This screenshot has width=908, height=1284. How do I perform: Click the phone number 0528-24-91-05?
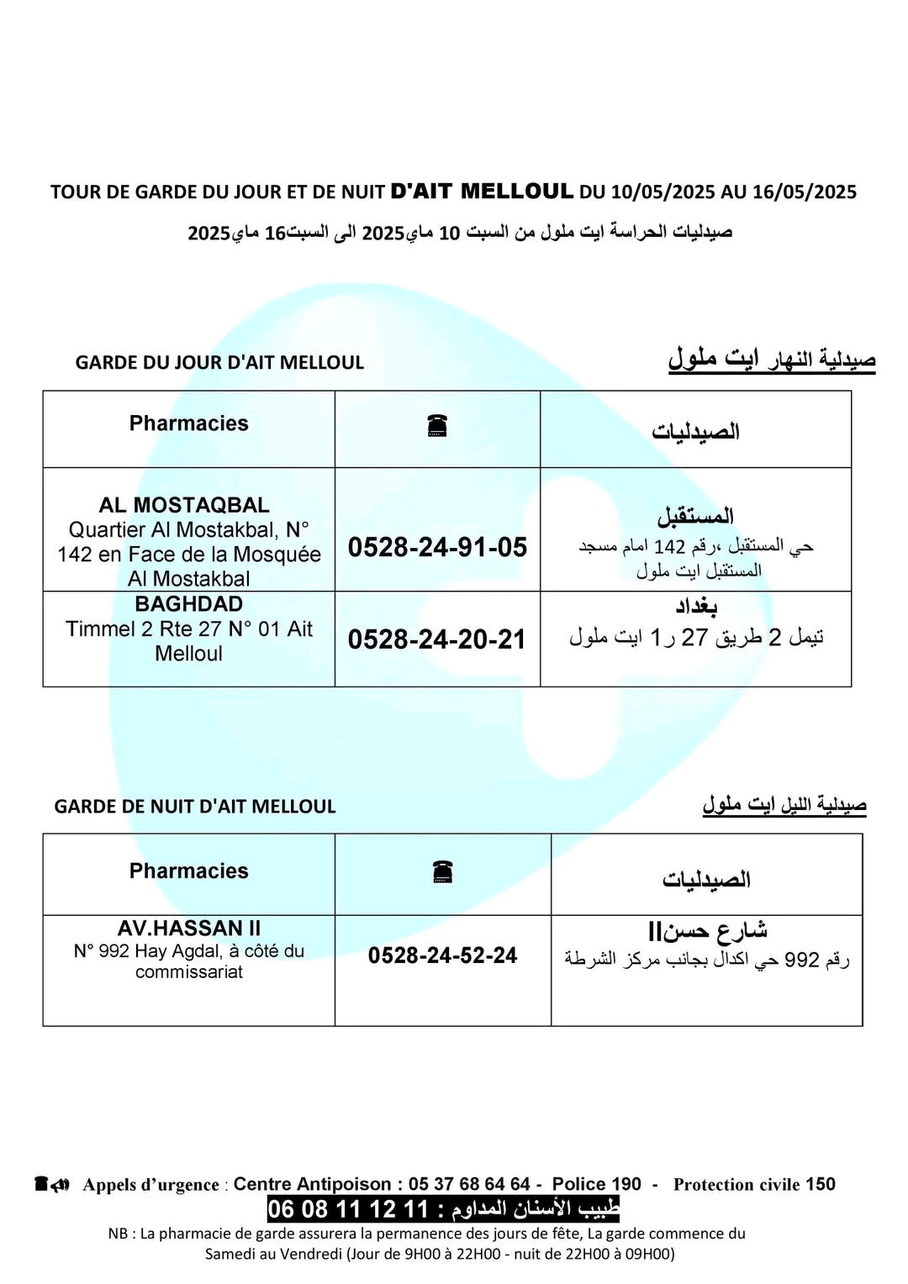tap(437, 547)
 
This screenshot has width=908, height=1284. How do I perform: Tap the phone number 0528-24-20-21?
tap(437, 639)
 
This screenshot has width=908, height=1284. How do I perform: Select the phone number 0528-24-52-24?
tap(442, 955)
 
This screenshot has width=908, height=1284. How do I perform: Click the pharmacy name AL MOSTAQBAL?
tap(184, 505)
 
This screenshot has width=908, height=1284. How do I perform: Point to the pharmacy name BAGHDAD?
tap(188, 604)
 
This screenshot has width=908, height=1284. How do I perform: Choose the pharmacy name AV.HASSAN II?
tap(189, 929)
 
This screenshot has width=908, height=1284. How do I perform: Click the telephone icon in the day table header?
tap(437, 427)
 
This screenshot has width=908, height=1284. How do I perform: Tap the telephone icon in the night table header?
tap(443, 872)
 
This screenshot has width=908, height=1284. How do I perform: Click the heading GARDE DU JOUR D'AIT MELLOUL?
tap(219, 363)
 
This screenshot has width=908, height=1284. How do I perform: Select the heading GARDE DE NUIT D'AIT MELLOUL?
tap(195, 807)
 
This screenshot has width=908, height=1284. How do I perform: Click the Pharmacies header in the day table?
tap(188, 424)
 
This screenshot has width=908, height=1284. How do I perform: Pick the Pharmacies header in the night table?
tap(188, 871)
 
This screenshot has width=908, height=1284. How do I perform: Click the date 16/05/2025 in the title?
tap(804, 192)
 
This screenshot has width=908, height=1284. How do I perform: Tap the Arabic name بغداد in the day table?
tap(696, 607)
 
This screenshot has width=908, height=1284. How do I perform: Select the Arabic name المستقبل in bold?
tap(695, 515)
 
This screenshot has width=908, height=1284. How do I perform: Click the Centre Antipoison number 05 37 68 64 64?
tap(469, 1185)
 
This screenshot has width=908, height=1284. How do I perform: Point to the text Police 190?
tap(596, 1185)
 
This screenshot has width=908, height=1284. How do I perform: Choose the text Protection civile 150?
tap(754, 1185)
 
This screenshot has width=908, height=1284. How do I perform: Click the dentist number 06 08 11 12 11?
tap(348, 1210)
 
